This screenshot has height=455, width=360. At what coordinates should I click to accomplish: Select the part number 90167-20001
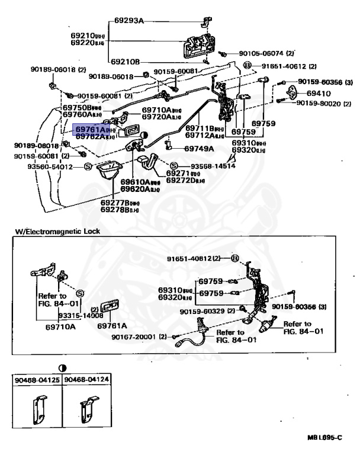point(139,337)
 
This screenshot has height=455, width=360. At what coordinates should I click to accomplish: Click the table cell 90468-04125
point(37,380)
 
